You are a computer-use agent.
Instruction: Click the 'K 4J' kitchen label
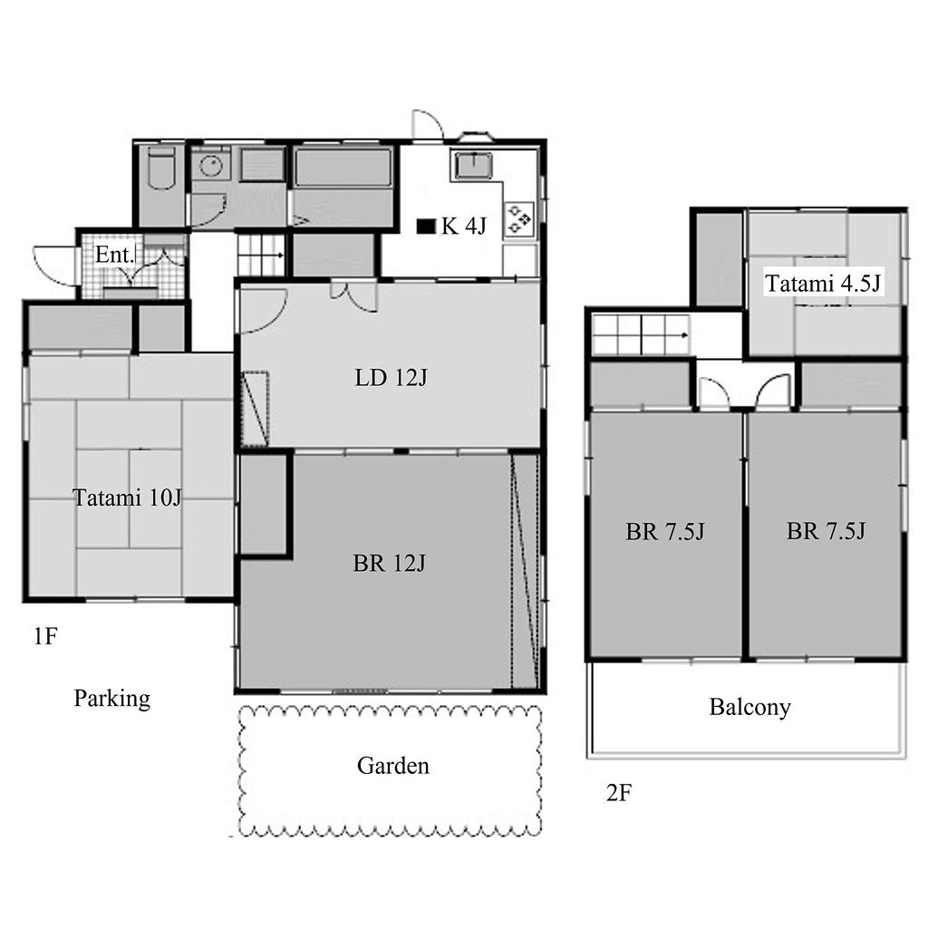pyautogui.click(x=463, y=226)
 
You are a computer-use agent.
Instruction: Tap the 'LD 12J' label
pyautogui.click(x=391, y=378)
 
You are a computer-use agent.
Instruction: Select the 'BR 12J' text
pyautogui.click(x=389, y=564)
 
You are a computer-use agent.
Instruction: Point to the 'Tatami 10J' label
pyautogui.click(x=127, y=498)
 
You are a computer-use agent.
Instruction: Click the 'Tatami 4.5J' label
pyautogui.click(x=823, y=284)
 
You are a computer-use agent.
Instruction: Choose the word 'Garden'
pyautogui.click(x=393, y=766)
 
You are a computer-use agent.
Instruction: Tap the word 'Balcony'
pyautogui.click(x=749, y=707)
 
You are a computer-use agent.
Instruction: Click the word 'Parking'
pyautogui.click(x=111, y=699)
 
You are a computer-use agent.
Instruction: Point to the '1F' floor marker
pyautogui.click(x=45, y=636)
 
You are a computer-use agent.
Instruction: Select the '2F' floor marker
pyautogui.click(x=619, y=792)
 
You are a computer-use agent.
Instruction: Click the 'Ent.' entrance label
pyautogui.click(x=114, y=255)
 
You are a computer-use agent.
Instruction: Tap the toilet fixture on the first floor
pyautogui.click(x=161, y=168)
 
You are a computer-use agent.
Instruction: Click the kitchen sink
pyautogui.click(x=472, y=165)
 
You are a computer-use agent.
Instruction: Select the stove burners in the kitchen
pyautogui.click(x=519, y=218)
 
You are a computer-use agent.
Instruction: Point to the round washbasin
pyautogui.click(x=210, y=167)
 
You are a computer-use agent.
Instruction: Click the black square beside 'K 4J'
pyautogui.click(x=426, y=226)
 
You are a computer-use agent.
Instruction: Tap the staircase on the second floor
pyautogui.click(x=641, y=335)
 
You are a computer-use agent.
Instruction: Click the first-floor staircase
pyautogui.click(x=261, y=255)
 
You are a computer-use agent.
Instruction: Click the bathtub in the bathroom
pyautogui.click(x=343, y=168)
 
